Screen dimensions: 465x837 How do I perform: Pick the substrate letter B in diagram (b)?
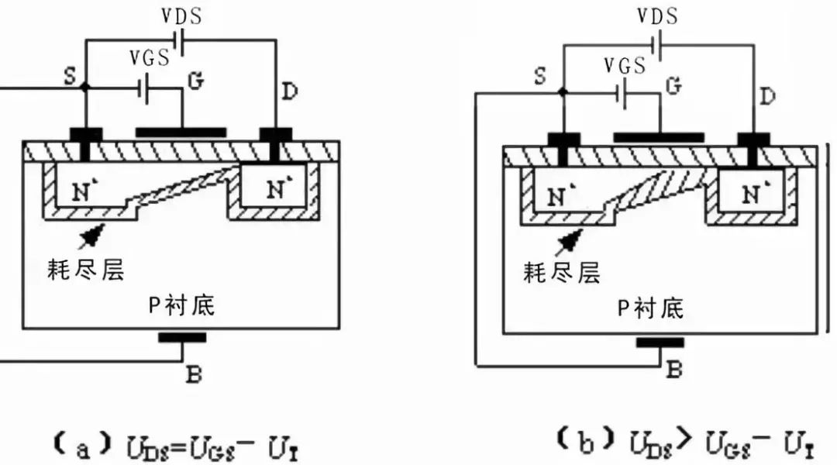coord(674,370)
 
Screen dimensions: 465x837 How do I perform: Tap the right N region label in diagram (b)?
coord(752,195)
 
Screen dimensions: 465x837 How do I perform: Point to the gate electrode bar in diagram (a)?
coord(181,133)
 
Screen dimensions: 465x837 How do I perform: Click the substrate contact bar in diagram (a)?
coord(182,337)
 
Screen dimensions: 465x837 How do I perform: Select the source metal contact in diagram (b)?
coord(563,141)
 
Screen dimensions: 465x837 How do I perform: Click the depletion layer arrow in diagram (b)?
coord(572,239)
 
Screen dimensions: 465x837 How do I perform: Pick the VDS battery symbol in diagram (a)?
coord(180,42)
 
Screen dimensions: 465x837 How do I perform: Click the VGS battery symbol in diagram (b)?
coord(622,94)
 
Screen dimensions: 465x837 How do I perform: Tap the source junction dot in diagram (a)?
coord(84,88)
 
